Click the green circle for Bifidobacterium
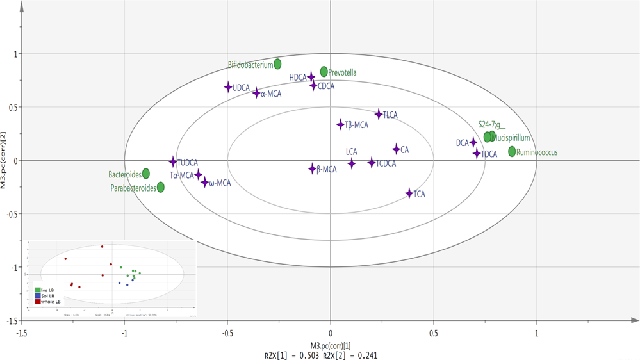click(277, 63)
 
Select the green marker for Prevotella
click(324, 71)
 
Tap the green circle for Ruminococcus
click(512, 151)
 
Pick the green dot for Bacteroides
click(146, 173)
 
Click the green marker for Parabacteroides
click(161, 187)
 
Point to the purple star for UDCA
click(228, 87)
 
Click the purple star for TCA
click(409, 193)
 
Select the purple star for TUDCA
click(172, 162)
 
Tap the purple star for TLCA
click(379, 114)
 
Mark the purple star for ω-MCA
click(205, 183)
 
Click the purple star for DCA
click(473, 142)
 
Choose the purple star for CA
click(396, 149)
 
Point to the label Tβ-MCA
click(356, 125)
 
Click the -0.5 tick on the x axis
click(227, 333)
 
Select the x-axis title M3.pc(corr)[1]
click(331, 345)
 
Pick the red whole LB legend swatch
click(38, 301)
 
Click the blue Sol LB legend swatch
click(38, 295)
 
